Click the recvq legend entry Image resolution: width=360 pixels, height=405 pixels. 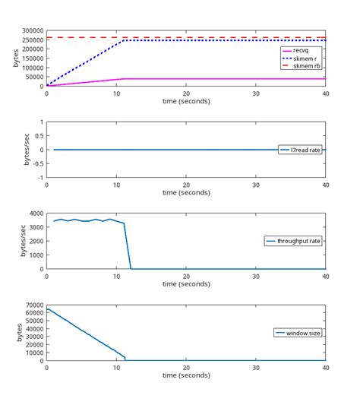[x=302, y=50]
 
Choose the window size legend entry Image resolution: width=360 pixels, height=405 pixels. [x=298, y=333]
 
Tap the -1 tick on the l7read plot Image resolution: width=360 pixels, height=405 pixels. [x=39, y=177]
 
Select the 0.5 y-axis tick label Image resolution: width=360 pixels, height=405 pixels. [x=37, y=136]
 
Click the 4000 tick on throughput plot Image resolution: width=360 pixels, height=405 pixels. [x=34, y=214]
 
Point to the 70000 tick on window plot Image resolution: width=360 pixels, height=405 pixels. [x=32, y=305]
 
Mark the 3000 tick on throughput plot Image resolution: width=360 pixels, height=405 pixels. [x=34, y=227]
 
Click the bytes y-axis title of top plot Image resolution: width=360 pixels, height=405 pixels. [x=16, y=59]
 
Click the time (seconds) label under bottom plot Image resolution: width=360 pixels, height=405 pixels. [x=186, y=375]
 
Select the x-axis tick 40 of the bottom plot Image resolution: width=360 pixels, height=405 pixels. [x=325, y=368]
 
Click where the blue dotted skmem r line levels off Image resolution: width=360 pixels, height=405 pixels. [x=124, y=40]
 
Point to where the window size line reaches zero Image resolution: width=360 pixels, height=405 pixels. [x=125, y=360]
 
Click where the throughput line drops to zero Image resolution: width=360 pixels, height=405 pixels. [x=131, y=268]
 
